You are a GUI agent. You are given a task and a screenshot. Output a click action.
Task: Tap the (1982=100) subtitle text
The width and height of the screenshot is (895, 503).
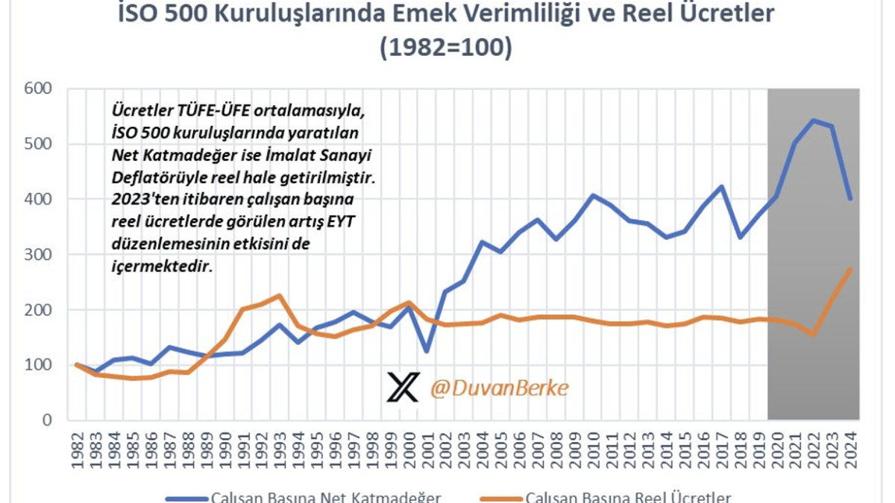pos(445,47)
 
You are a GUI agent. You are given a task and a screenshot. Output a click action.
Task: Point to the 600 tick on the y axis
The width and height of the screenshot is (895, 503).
pos(39,89)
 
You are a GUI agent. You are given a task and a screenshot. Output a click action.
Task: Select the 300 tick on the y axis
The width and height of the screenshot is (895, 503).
pos(39,254)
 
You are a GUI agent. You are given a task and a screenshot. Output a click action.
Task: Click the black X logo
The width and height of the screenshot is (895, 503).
pos(403,388)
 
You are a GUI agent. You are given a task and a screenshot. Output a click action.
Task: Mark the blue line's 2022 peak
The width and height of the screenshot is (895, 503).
pos(813,120)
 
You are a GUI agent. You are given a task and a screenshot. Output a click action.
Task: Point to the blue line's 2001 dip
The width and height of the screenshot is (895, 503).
pos(426,351)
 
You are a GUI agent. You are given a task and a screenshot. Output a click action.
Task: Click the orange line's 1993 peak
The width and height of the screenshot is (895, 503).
pos(279,296)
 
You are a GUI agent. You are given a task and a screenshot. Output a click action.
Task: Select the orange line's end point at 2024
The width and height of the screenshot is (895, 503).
pos(850,269)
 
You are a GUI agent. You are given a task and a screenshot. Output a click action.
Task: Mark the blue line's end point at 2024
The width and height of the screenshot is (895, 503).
pos(850,198)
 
